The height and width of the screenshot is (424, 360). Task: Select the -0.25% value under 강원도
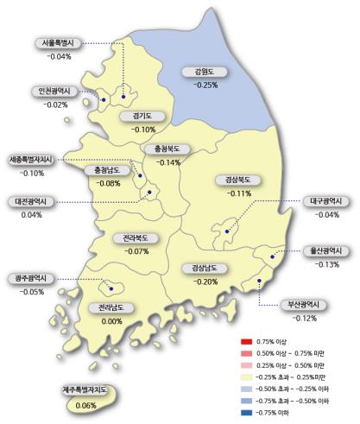pos(205,85)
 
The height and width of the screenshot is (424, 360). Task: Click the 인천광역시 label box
pos(54,92)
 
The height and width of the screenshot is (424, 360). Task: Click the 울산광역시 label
pos(327,251)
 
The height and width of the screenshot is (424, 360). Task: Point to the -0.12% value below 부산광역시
pos(304,319)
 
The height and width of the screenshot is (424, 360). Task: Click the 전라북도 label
pos(136,237)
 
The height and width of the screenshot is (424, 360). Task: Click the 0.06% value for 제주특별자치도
pos(85,405)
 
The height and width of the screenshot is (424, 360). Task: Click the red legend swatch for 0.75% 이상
pos(245,342)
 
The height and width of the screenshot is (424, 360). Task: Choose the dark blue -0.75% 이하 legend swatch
pos(245,413)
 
